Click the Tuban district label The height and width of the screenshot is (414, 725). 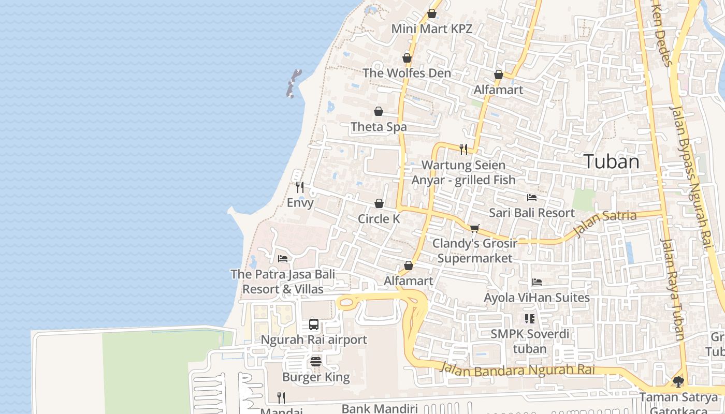[x=611, y=161]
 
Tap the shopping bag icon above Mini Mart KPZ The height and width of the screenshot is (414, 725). [x=432, y=13]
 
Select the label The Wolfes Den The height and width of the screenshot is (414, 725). [x=407, y=73]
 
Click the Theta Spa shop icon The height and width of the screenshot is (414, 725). [x=379, y=111]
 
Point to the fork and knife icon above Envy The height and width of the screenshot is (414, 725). [x=300, y=187]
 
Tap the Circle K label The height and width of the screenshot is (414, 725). [x=379, y=219]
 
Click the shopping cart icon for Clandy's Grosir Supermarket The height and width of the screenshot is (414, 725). [x=474, y=228]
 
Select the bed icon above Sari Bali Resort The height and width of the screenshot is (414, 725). [x=532, y=198]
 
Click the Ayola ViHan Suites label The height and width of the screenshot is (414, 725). [x=536, y=298]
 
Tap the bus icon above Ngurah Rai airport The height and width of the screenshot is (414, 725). [x=314, y=324]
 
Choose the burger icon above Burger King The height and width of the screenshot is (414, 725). [x=316, y=362]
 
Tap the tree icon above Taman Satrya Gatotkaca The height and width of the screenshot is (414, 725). [x=678, y=382]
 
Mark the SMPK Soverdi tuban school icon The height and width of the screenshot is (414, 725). [x=529, y=319]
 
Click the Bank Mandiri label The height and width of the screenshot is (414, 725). [x=380, y=409]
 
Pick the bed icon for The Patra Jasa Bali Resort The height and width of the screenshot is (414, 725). [x=283, y=259]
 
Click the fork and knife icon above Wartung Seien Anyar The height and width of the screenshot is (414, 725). [x=463, y=150]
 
